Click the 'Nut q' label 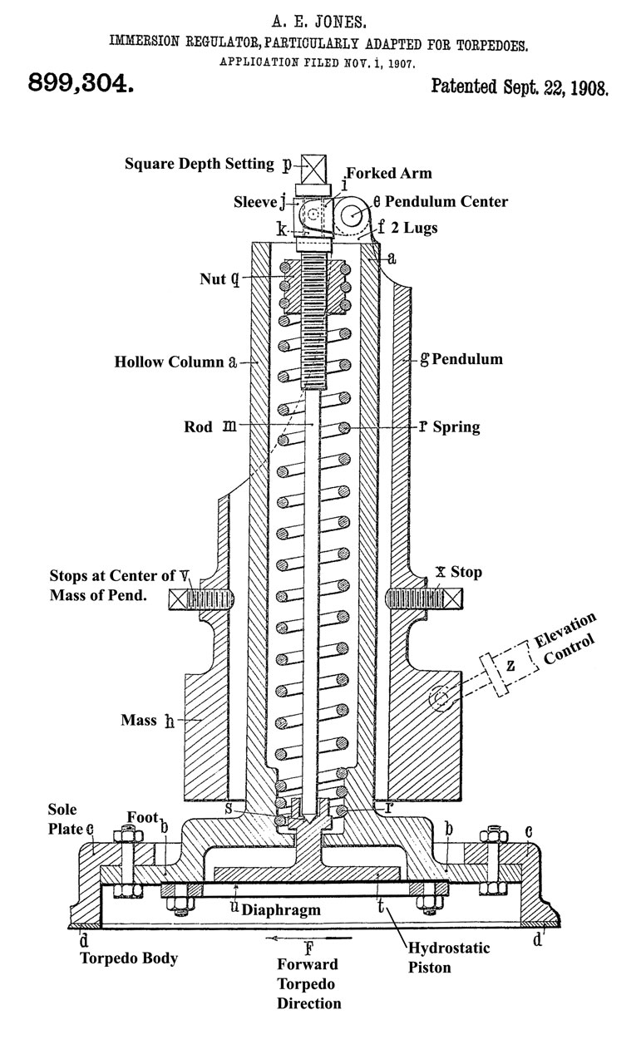point(219,278)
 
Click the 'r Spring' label point(448,426)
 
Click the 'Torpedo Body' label point(128,958)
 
